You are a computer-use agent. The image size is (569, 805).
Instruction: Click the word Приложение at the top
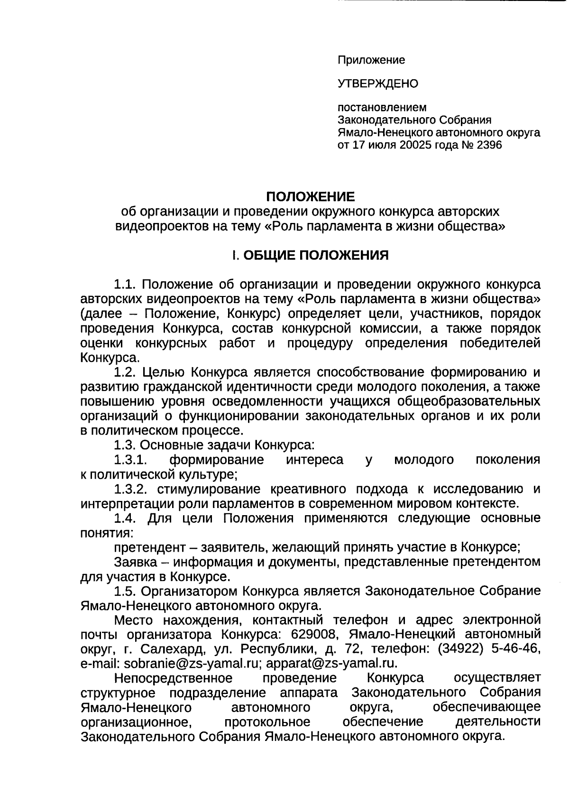pyautogui.click(x=371, y=60)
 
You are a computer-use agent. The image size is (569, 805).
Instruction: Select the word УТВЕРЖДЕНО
pyautogui.click(x=378, y=84)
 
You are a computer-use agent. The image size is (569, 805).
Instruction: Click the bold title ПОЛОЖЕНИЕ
pyautogui.click(x=310, y=196)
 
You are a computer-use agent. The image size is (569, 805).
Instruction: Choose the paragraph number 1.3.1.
pyautogui.click(x=131, y=460)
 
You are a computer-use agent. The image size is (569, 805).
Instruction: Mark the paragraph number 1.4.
pyautogui.click(x=125, y=518)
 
